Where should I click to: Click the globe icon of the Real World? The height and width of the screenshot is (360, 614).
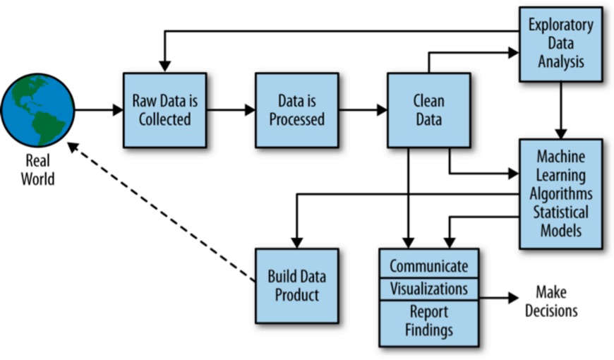coord(37,110)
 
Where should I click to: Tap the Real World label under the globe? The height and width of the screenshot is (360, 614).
coord(37,169)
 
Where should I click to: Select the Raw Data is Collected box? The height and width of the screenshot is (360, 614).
coord(165,110)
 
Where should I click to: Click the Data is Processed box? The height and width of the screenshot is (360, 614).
coord(297,110)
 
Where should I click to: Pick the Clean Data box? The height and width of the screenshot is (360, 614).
coord(429,110)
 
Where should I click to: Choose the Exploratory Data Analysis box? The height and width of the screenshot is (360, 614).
coord(561,44)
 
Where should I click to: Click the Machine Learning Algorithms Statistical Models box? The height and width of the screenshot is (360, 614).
coord(561,193)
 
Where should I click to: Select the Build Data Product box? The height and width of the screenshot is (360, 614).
coord(297,286)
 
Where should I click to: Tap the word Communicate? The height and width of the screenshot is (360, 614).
coord(429,266)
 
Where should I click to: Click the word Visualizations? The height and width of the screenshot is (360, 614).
coord(429,289)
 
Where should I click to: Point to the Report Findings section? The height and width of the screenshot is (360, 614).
coord(429,323)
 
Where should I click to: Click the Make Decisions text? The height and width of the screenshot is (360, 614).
coord(551,301)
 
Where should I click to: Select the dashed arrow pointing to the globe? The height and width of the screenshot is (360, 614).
coord(162,212)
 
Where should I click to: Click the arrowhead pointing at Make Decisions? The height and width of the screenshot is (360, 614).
coord(513,298)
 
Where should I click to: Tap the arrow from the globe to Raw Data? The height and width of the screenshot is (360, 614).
coord(99,110)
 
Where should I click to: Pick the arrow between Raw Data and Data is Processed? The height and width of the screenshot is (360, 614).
coord(231,110)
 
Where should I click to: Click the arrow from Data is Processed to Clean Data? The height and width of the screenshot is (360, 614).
coord(363,110)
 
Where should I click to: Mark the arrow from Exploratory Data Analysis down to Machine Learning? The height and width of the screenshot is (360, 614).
coord(561,110)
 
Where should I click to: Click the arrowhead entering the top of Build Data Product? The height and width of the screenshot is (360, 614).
coord(297,243)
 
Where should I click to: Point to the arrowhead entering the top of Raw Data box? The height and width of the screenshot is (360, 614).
coord(165,67)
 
